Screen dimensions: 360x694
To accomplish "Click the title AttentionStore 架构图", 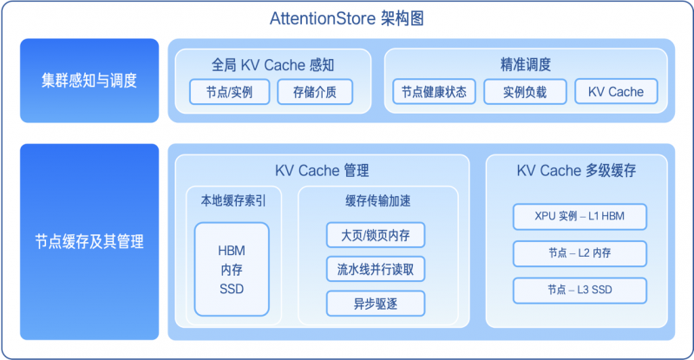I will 345,18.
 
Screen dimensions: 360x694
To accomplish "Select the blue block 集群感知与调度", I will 89,81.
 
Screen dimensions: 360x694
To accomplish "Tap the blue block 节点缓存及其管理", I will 89,242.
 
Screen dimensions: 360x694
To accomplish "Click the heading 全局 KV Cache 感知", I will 273,64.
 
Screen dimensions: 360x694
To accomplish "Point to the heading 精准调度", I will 526,64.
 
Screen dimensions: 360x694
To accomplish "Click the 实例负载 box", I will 526,92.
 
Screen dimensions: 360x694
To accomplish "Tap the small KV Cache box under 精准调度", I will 616,92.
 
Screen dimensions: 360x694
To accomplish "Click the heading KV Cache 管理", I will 322,170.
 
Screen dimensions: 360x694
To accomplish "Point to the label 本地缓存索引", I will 232,200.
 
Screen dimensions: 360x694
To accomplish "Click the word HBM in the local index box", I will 232,251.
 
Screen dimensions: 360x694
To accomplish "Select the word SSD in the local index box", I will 232,288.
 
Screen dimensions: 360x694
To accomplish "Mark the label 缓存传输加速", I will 377,200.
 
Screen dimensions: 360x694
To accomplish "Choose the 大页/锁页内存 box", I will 376,234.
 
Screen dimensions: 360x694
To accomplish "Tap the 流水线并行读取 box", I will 376,269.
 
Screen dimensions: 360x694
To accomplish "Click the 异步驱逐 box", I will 376,304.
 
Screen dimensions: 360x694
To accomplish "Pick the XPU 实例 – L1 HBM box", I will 579,215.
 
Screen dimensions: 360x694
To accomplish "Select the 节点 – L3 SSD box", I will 579,289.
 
